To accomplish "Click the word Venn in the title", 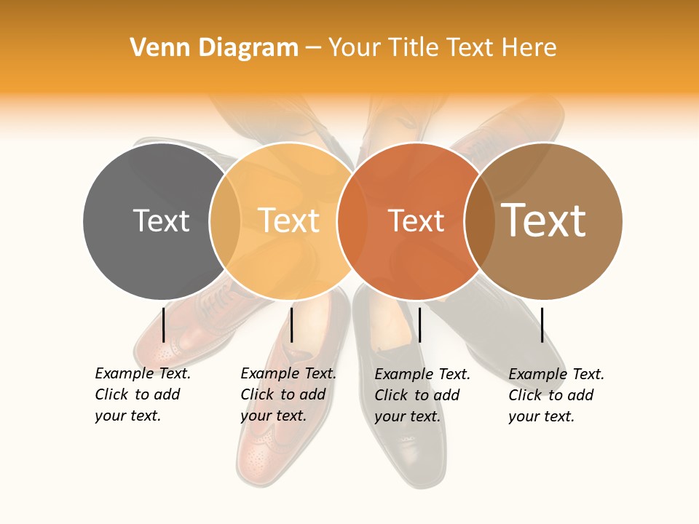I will coord(154,48).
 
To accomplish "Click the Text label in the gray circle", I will coord(161,221).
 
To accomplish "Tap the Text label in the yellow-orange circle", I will coord(288,221).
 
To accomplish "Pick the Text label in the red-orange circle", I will coord(416,221).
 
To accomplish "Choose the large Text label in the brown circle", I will coord(544,221).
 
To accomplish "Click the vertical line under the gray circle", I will coord(164,325).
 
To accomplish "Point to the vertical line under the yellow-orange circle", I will coord(291,325).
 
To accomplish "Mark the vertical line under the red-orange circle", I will coord(420,325).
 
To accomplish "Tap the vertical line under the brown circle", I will coord(542,325).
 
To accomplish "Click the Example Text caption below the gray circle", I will coord(143,394).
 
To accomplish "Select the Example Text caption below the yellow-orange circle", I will coord(288,394).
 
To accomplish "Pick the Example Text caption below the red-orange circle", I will coord(422,395).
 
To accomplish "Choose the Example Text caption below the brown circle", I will coord(556,395).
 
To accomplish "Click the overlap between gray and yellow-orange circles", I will coord(225,221).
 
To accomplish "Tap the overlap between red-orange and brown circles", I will coord(480,221).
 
